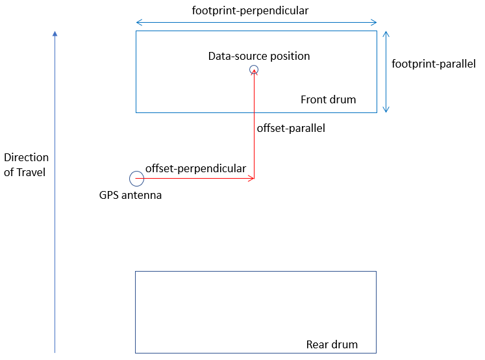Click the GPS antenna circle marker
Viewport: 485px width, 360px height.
(x=136, y=178)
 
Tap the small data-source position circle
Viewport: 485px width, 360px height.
(x=254, y=70)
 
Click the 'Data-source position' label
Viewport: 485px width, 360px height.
(x=258, y=56)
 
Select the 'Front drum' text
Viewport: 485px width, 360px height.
(x=328, y=99)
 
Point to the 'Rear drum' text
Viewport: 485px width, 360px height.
(x=331, y=344)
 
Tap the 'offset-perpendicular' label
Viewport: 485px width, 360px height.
(x=195, y=168)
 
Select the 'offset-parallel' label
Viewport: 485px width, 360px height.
(x=291, y=128)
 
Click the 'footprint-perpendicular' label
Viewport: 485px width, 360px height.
(x=251, y=10)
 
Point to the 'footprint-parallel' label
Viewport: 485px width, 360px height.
(x=434, y=64)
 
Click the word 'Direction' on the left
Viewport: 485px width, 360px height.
(x=26, y=157)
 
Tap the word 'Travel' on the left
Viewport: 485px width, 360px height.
(x=31, y=173)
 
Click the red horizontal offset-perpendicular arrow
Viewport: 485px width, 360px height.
(x=195, y=177)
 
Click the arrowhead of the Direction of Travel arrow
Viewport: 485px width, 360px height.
(x=55, y=34)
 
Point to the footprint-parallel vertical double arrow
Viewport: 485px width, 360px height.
(x=386, y=71)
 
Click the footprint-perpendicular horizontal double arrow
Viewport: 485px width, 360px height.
(x=256, y=23)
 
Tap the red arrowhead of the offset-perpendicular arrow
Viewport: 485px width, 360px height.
(x=251, y=177)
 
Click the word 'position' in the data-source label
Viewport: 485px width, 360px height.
(x=288, y=56)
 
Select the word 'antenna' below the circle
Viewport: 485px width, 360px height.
(x=143, y=195)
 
